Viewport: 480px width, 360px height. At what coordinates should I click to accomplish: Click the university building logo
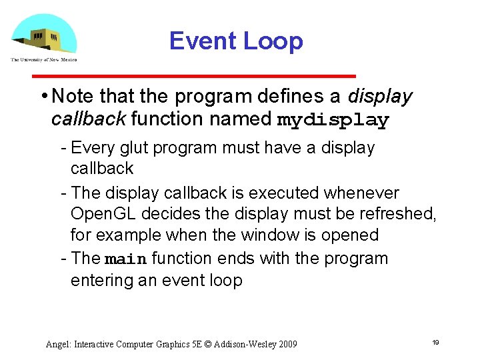[43, 35]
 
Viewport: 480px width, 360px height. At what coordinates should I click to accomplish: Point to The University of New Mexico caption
[43, 60]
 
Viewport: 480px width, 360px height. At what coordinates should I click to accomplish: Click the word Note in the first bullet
[71, 97]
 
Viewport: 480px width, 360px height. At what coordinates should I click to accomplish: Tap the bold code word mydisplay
[333, 121]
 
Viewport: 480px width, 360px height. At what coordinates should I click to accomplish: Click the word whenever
[361, 193]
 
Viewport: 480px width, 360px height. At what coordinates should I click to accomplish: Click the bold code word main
[127, 259]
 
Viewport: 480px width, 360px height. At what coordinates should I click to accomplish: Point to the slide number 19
[435, 342]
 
